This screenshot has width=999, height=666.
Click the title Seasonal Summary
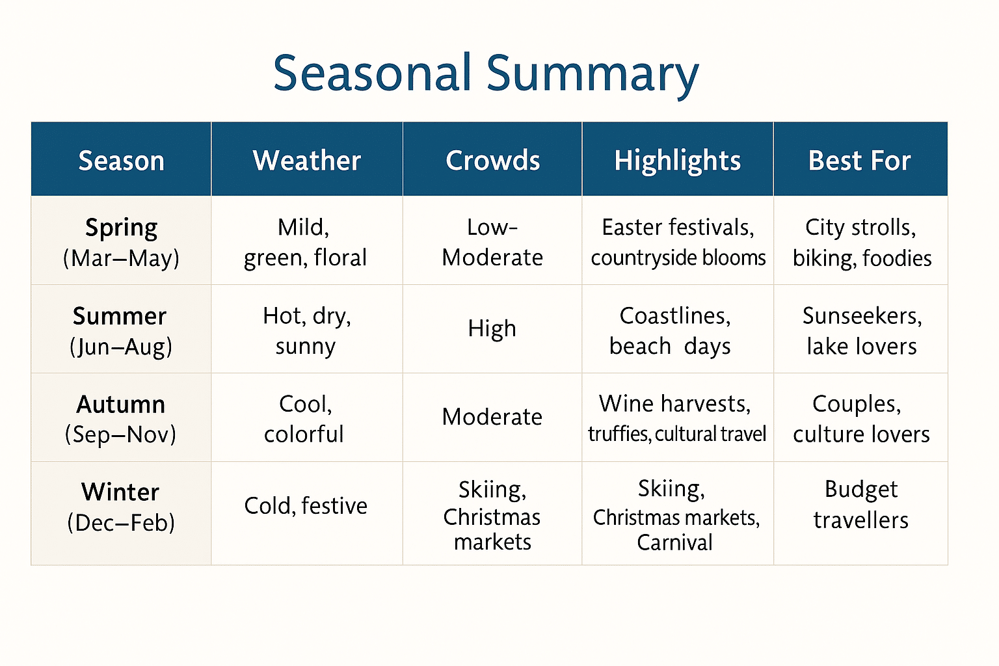[485, 73]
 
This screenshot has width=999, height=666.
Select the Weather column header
[306, 161]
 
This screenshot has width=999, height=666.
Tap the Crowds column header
[492, 161]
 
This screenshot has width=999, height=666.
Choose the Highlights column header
[677, 161]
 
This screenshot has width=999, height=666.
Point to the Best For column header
[859, 161]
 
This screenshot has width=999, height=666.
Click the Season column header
[121, 161]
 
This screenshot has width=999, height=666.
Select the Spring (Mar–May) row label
[121, 242]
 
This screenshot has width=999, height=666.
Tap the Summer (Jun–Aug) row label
[121, 330]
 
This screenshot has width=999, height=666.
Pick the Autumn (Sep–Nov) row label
[121, 419]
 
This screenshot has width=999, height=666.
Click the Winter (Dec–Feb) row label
[121, 507]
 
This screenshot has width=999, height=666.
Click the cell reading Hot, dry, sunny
[306, 330]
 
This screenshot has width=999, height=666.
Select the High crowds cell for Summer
[492, 328]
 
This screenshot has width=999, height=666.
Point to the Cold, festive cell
[306, 505]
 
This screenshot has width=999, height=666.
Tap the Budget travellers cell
[860, 504]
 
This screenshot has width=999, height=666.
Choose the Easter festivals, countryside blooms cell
[678, 242]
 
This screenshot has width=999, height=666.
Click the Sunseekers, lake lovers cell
[861, 330]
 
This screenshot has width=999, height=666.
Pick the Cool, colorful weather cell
[304, 419]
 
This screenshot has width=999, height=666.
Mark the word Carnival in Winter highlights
[674, 542]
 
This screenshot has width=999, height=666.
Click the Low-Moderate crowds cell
[492, 242]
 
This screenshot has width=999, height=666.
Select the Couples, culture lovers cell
[860, 419]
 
